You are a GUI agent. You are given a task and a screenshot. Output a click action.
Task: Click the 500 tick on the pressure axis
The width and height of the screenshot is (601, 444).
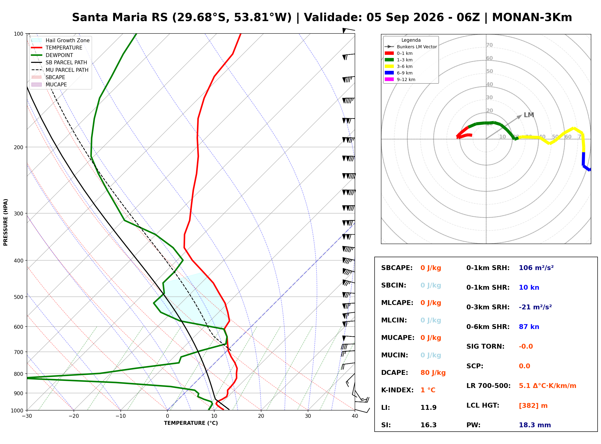tap(18, 297)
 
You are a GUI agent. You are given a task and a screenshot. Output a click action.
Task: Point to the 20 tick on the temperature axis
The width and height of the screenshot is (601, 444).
tap(261, 416)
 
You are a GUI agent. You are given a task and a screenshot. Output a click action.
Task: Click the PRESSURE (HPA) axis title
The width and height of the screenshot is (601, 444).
tap(6, 222)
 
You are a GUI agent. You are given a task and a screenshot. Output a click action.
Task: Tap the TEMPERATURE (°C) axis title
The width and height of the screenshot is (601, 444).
tap(191, 423)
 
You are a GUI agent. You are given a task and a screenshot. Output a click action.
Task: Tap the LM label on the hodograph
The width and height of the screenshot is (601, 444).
tap(529, 115)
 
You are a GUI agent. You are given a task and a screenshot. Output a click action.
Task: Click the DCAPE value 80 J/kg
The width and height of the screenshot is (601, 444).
tap(433, 373)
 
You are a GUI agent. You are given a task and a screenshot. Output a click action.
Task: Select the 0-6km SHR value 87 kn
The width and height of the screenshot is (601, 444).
tap(529, 327)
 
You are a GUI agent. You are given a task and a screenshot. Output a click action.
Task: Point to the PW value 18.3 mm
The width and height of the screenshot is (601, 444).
tap(535, 425)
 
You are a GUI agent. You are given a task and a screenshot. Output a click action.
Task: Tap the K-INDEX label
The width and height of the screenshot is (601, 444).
tap(397, 390)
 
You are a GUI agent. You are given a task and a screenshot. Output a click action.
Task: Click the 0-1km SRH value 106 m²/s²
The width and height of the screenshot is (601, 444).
tap(536, 268)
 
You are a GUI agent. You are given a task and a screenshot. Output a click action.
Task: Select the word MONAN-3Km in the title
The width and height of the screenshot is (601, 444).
tap(532, 17)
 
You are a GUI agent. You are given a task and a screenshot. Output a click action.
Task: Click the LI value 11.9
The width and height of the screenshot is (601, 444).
tap(429, 408)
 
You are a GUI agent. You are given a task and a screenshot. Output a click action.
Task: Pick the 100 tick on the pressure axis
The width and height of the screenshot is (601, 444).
tap(18, 34)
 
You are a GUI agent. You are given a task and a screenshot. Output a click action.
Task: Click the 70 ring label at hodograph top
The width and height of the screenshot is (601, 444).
tap(489, 45)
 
